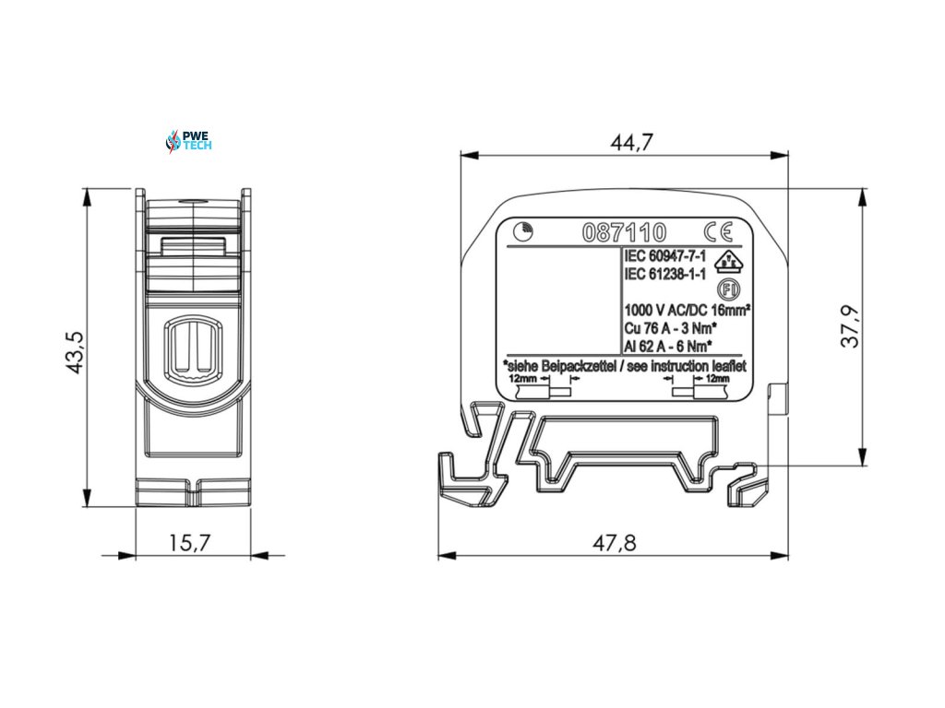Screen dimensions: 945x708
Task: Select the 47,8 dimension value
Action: [614, 543]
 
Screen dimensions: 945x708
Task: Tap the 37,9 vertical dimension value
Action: [850, 326]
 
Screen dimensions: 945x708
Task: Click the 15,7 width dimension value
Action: [189, 543]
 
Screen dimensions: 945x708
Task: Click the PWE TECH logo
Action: [188, 141]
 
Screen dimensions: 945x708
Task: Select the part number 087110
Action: [625, 232]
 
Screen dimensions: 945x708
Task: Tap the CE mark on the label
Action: [718, 231]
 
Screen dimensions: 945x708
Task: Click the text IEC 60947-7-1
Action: [665, 257]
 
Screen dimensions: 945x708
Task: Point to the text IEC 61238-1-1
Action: [665, 274]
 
